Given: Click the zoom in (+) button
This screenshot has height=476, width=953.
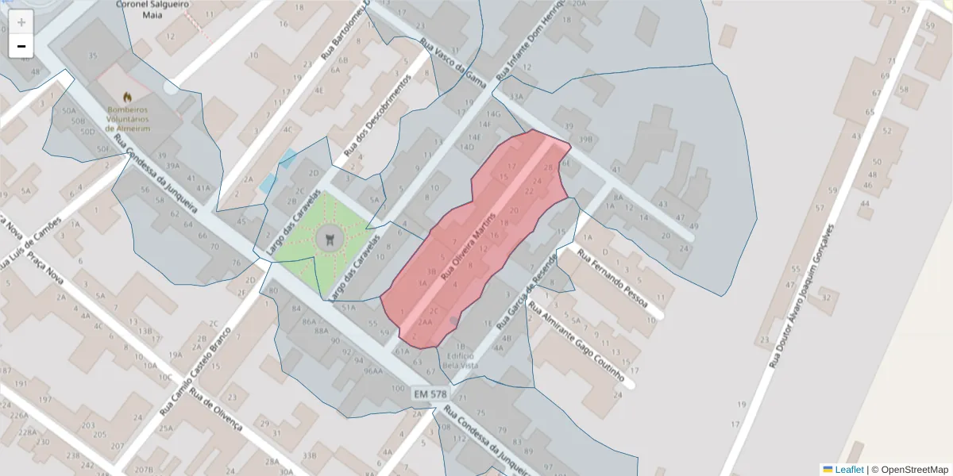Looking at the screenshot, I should pos(21,22).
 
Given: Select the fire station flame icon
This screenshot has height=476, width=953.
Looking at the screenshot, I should pos(127,98).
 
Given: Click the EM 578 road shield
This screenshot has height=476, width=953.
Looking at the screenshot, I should pos(430,393).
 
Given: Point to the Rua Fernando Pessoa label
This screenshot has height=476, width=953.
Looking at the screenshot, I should pos(612,279).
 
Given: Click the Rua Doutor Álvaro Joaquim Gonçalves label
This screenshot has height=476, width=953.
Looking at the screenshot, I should pos(803,301).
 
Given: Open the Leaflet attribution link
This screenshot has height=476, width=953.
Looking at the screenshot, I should pos(849,470).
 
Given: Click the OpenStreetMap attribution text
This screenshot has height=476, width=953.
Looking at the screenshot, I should pos(914,470).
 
